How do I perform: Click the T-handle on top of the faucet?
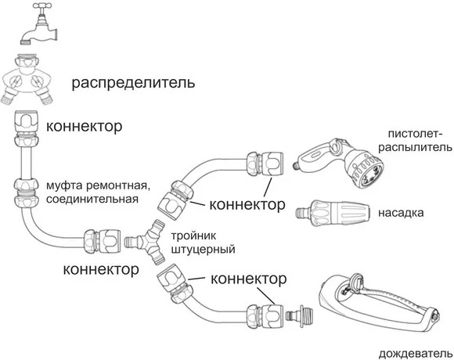[x=43, y=6]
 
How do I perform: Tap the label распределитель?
[x=133, y=83]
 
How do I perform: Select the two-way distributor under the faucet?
[x=27, y=79]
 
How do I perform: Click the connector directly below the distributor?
[x=26, y=128]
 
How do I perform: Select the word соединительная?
[x=92, y=200]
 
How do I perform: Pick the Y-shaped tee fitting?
[x=146, y=242]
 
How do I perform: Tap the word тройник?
[x=193, y=236]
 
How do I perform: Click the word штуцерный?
[x=203, y=249]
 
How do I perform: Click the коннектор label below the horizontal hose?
[x=101, y=269]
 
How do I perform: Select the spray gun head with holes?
[x=369, y=173]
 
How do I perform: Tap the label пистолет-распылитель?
[x=415, y=141]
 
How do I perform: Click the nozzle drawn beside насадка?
[x=333, y=213]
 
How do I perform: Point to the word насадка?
[x=401, y=213]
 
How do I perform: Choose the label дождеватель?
[x=416, y=354]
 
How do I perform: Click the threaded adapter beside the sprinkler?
[x=299, y=315]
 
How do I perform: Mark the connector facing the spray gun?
[x=265, y=164]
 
